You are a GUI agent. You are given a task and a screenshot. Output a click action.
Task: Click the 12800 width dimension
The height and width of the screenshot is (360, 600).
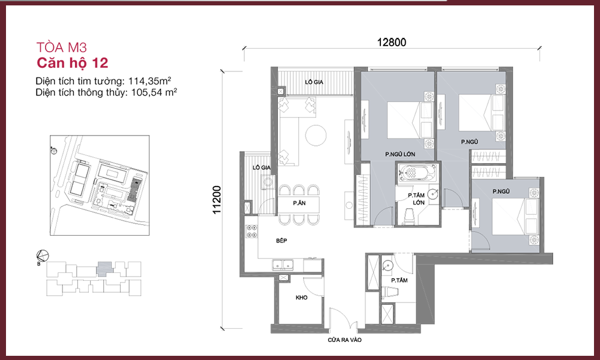(391, 42)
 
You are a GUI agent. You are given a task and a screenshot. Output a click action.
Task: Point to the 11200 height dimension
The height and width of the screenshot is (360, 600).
(217, 200)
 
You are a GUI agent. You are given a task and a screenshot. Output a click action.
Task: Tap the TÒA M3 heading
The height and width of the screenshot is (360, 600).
(62, 47)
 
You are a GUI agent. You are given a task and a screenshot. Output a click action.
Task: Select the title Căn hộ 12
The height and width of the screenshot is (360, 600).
(73, 63)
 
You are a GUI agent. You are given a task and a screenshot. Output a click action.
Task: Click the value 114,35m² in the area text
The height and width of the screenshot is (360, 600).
(149, 81)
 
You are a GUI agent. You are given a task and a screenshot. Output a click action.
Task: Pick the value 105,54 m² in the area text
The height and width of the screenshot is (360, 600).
(154, 92)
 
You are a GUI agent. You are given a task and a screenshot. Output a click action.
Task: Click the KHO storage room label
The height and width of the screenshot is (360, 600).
(302, 297)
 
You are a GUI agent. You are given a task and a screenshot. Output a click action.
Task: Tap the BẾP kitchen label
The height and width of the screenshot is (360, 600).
(281, 241)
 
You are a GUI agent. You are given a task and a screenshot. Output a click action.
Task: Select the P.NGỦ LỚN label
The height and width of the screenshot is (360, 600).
(400, 154)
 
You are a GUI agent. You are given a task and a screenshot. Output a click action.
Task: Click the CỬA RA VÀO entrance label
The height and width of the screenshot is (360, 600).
(344, 340)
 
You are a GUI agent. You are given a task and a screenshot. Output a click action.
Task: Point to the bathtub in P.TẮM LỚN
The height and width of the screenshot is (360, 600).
(417, 173)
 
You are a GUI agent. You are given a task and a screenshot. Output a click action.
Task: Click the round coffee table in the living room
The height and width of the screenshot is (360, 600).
(316, 136)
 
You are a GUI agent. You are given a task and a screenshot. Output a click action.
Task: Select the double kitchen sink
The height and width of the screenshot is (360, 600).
(283, 265)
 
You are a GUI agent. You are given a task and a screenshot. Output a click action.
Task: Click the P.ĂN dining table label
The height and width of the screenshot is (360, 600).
(299, 203)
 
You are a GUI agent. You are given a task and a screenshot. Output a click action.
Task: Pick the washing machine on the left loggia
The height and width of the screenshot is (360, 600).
(268, 182)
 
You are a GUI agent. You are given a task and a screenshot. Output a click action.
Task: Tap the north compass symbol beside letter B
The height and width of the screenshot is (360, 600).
(42, 256)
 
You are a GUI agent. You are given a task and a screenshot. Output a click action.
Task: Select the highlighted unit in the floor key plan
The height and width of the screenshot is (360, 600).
(104, 269)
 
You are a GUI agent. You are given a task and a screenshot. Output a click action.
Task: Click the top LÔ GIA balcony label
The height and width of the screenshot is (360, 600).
(314, 82)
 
